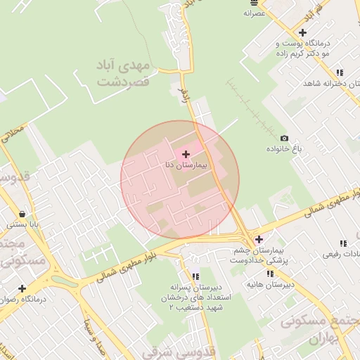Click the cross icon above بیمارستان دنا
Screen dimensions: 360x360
coord(186,153)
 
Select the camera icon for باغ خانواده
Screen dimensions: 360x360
coord(284,139)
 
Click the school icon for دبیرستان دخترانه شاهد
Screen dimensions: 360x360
coord(340,72)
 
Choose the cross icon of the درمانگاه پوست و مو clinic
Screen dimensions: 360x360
coord(302,32)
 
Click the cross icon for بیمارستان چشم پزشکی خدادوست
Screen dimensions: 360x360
coord(259,239)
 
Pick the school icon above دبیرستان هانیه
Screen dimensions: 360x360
coord(270,274)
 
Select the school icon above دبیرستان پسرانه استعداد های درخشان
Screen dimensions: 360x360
coord(195,276)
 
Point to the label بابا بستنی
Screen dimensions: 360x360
coord(23,226)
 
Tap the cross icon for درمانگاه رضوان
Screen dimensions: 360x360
coord(22,288)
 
